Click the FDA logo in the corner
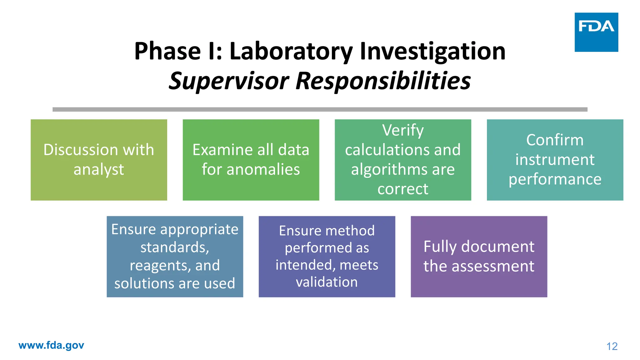coord(596,32)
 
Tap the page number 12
coord(612,346)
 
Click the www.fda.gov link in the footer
coord(51,345)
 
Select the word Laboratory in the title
coord(291,52)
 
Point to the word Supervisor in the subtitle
coord(229,81)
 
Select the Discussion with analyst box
coord(99,160)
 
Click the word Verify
coord(403,130)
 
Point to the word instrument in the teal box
coord(555,160)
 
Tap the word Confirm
coord(555,140)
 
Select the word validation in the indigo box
coord(327,282)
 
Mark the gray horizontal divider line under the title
coord(320,109)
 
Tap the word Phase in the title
coord(167,52)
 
